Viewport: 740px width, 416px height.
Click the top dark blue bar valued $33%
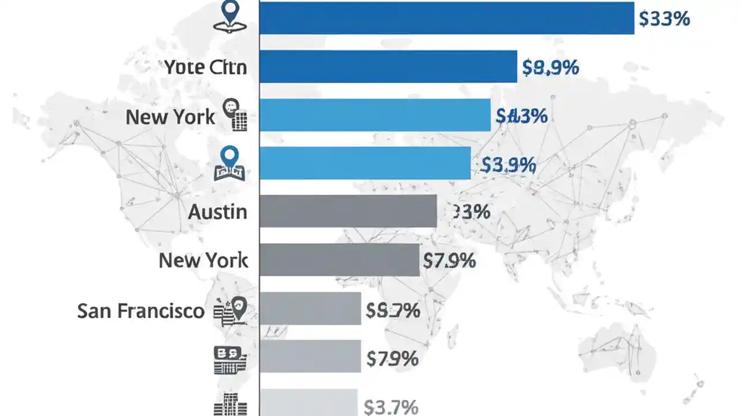[x=446, y=18]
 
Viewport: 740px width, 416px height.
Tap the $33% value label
[x=664, y=19]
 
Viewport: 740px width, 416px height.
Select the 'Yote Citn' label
[x=205, y=67]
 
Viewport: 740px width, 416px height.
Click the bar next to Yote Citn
[x=387, y=66]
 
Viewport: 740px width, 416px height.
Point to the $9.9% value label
[x=550, y=68]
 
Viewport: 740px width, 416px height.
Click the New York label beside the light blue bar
[x=171, y=117]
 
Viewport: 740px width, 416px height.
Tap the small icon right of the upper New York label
[x=235, y=114]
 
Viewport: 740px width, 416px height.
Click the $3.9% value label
[x=508, y=166]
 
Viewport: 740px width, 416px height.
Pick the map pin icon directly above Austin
[x=230, y=164]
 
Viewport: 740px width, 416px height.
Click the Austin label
[x=217, y=212]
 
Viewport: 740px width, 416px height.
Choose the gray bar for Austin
[x=347, y=211]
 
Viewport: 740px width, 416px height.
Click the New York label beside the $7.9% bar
[x=203, y=261]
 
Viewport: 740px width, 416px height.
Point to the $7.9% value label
[x=449, y=261]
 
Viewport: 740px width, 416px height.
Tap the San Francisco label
[x=140, y=311]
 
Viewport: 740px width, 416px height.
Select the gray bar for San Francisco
[x=310, y=308]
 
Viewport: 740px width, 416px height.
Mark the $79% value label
[x=392, y=359]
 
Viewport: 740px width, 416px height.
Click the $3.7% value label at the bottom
[x=391, y=407]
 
